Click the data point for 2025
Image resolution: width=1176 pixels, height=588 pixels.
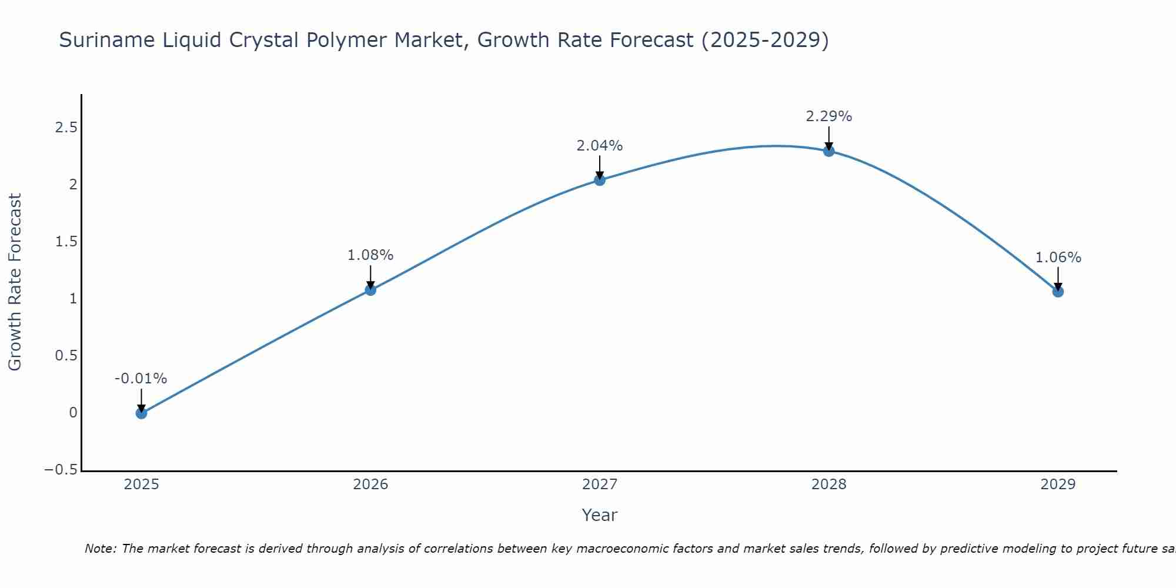pyautogui.click(x=141, y=413)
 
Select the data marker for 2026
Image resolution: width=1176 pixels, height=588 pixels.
pyautogui.click(x=370, y=290)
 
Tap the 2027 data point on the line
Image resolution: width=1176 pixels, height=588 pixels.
pyautogui.click(x=600, y=180)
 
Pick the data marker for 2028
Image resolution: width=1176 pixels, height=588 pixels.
pyautogui.click(x=828, y=151)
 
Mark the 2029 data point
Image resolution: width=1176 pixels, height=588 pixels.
pyautogui.click(x=1058, y=292)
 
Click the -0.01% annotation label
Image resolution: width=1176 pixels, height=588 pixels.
pyautogui.click(x=141, y=379)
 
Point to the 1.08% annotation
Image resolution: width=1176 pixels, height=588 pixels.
pyautogui.click(x=370, y=255)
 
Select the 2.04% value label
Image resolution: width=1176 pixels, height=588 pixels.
pyautogui.click(x=599, y=146)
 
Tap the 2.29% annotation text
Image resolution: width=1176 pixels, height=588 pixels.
pyautogui.click(x=828, y=116)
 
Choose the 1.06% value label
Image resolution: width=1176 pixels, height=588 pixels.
pyautogui.click(x=1058, y=258)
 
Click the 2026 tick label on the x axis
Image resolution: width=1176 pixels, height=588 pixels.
pyautogui.click(x=370, y=485)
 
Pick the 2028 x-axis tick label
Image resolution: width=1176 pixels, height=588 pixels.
pyautogui.click(x=828, y=485)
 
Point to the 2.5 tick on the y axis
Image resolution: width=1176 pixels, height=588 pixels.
pyautogui.click(x=66, y=128)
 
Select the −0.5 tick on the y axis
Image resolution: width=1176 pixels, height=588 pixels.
pyautogui.click(x=61, y=470)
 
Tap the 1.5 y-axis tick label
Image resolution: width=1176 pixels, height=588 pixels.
pyautogui.click(x=66, y=242)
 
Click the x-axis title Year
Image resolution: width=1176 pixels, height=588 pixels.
pyautogui.click(x=599, y=515)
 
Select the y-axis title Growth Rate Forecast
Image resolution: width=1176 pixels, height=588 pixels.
pyautogui.click(x=15, y=282)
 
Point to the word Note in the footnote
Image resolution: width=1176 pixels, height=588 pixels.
pyautogui.click(x=100, y=549)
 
